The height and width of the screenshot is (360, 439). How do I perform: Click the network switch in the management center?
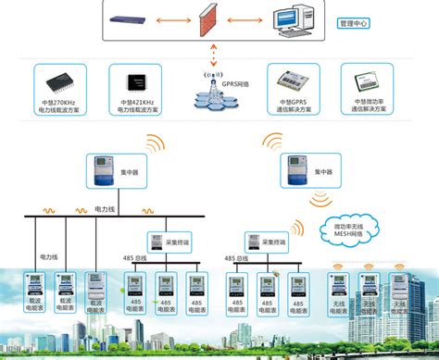pos(129,19)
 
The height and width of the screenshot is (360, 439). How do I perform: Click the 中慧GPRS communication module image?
pos(288,79)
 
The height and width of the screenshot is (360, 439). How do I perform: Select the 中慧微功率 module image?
pos(363,79)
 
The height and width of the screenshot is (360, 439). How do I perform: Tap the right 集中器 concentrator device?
pos(294,168)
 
